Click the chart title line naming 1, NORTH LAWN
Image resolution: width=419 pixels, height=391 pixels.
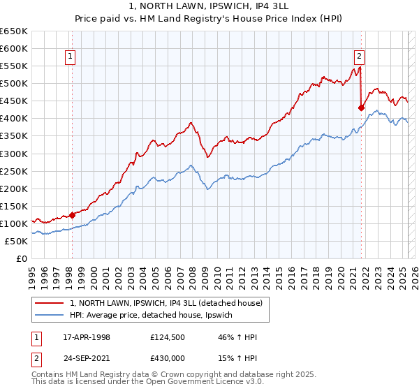pos(209,5)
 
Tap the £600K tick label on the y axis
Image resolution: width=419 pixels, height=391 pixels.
pos(13,49)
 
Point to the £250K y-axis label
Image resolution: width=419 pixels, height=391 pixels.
pos(13,171)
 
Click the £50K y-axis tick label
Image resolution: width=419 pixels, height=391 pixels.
pos(16,241)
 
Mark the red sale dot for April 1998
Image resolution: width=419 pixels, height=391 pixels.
pos(72,215)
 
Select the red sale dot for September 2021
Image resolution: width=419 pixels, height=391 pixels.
pos(361,108)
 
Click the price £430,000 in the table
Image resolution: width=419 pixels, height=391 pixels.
pos(170,357)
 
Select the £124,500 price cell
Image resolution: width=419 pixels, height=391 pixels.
pos(170,337)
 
